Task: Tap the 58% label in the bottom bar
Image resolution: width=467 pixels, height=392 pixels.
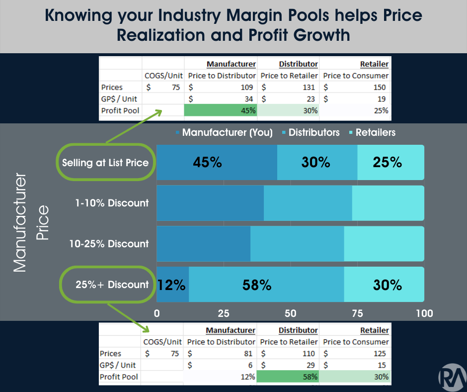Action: point(257,285)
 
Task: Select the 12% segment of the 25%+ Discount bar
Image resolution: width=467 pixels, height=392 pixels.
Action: point(172,285)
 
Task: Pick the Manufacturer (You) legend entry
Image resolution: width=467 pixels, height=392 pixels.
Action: point(224,132)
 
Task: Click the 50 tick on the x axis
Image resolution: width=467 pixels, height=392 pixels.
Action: point(291,313)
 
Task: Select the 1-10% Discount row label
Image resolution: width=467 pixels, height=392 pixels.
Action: point(112,203)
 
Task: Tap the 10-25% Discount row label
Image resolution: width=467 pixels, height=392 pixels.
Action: point(109,244)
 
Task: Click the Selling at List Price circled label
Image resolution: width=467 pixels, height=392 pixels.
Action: point(105,162)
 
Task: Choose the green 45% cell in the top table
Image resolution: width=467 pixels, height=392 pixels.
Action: point(221,110)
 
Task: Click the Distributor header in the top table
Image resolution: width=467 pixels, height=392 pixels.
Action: point(298,64)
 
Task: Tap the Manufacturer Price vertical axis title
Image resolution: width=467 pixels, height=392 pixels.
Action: point(31,222)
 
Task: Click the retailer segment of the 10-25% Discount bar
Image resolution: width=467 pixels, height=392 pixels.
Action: point(384,244)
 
